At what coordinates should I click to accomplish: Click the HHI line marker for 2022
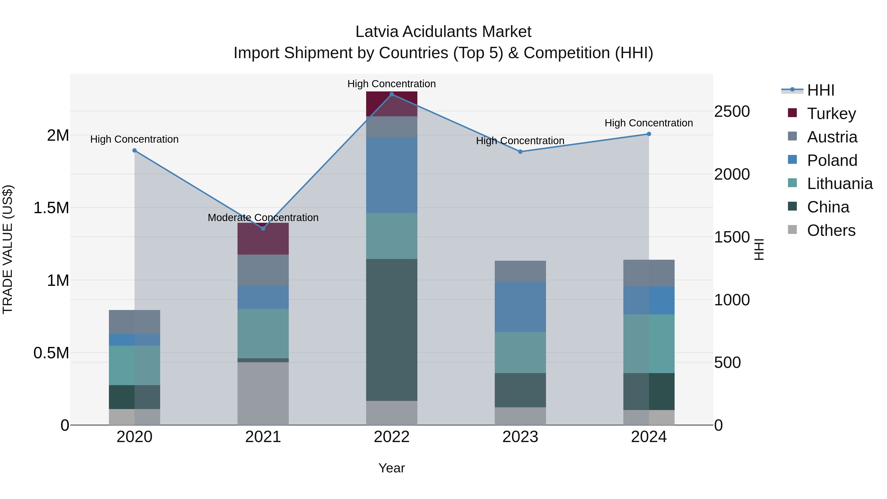click(392, 94)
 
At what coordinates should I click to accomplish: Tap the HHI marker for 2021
click(263, 228)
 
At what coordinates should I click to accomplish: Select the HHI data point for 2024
click(649, 134)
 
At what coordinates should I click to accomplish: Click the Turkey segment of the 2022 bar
click(392, 104)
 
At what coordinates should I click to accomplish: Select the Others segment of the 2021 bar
click(263, 393)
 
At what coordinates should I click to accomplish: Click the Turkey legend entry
click(831, 114)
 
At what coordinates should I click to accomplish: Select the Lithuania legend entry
click(839, 184)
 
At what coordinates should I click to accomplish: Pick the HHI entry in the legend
click(820, 90)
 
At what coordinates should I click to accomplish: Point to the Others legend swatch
click(792, 230)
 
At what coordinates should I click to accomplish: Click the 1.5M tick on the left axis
click(51, 208)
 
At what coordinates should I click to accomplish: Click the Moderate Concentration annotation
click(263, 218)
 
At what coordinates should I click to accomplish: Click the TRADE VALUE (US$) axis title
click(8, 249)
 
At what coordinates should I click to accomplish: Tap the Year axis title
click(392, 468)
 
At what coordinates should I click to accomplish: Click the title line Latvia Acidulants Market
click(443, 32)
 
